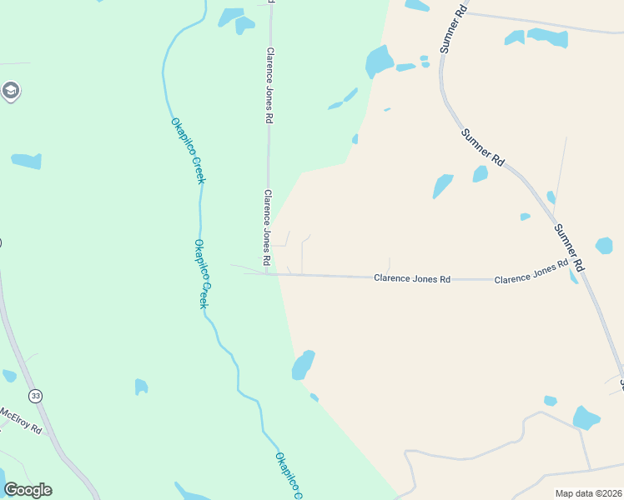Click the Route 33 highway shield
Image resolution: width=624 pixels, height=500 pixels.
(34, 394)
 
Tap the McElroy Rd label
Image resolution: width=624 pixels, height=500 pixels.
(20, 419)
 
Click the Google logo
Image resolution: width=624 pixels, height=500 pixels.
(28, 490)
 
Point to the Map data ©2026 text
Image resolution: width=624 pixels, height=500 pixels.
(588, 493)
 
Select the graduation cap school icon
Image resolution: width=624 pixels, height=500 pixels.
(11, 91)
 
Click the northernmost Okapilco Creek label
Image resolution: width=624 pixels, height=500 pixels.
(188, 151)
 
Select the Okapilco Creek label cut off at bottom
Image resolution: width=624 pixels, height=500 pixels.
(288, 475)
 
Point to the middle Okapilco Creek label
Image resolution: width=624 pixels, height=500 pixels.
(200, 274)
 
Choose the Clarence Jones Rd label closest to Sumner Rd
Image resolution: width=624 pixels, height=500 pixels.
(531, 272)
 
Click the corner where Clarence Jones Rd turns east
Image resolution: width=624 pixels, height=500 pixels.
(269, 273)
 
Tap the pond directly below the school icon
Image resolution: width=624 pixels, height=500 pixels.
(27, 161)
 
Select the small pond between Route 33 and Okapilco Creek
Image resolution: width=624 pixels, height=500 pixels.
(141, 387)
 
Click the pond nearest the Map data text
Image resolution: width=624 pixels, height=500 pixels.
(586, 417)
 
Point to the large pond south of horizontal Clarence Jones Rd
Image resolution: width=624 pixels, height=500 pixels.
(303, 364)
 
